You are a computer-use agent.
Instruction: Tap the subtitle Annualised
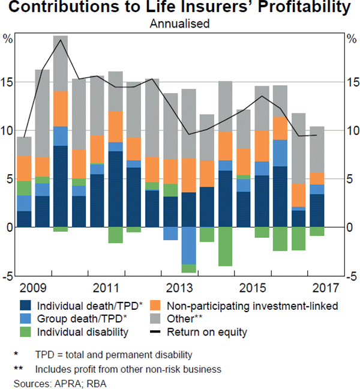179,25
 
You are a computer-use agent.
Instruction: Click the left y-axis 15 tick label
8,82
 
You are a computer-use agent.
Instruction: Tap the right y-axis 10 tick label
353,131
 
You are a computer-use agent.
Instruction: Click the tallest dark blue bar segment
61,186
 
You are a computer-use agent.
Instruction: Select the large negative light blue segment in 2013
189,246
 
